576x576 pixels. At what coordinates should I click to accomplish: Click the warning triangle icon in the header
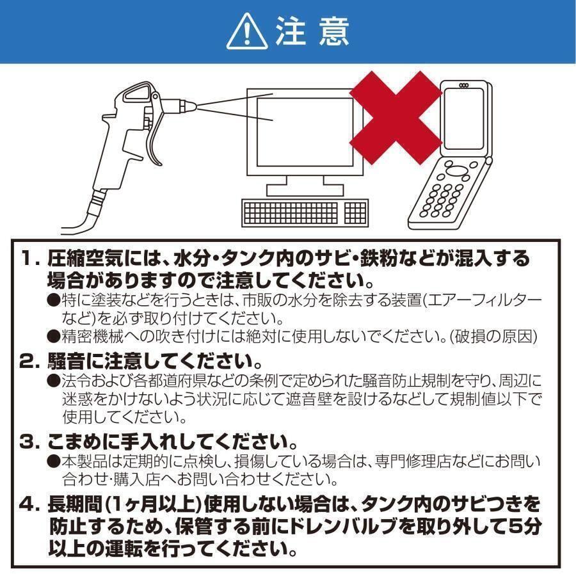point(246,32)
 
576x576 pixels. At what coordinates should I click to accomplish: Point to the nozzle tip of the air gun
point(186,105)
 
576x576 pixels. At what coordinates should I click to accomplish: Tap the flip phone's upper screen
point(466,118)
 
